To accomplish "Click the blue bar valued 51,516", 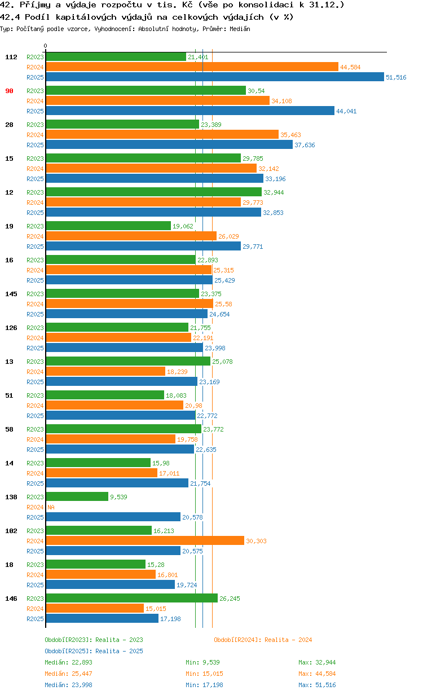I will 214,77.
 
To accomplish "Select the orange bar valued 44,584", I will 192,67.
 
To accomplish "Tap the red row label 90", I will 10,91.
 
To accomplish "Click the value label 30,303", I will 256,541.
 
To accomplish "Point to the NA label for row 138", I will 51,507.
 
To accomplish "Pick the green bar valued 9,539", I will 77,497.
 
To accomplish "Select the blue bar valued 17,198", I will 102,619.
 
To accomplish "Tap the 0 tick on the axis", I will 46,46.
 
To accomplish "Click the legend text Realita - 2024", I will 288,640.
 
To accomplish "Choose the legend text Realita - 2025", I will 119,651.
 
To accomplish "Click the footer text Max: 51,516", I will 317,685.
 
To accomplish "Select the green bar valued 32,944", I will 153,192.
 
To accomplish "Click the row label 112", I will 11,57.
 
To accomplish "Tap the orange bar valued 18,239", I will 105,372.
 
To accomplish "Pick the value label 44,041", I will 346,111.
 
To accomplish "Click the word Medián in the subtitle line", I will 241,29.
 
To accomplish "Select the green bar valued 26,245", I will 131,599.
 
